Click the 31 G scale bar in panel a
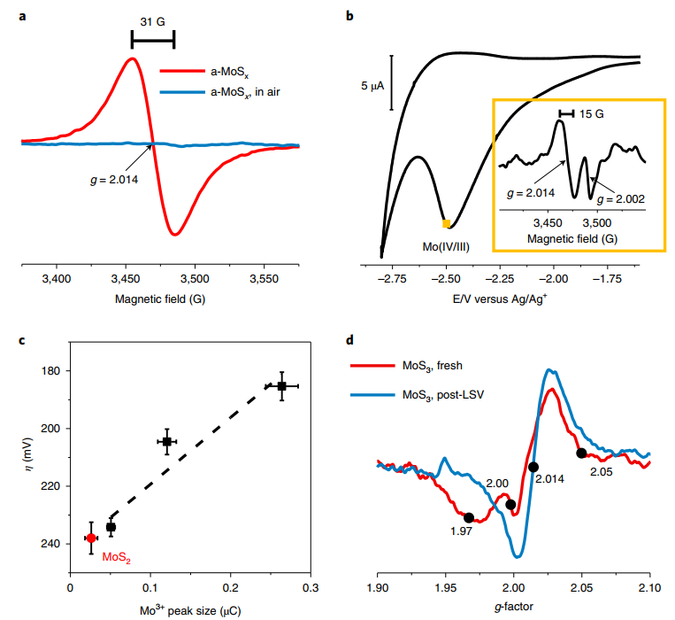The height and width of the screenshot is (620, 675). (152, 40)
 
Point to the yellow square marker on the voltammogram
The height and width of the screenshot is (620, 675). (447, 223)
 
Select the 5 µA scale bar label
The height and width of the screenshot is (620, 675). (371, 86)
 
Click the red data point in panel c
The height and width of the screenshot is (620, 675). (91, 539)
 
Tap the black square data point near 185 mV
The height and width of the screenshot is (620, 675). (281, 386)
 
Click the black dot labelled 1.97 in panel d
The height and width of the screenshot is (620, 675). (468, 517)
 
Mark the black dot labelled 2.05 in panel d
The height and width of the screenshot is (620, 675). (581, 453)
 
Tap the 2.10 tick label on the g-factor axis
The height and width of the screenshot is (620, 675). (649, 587)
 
